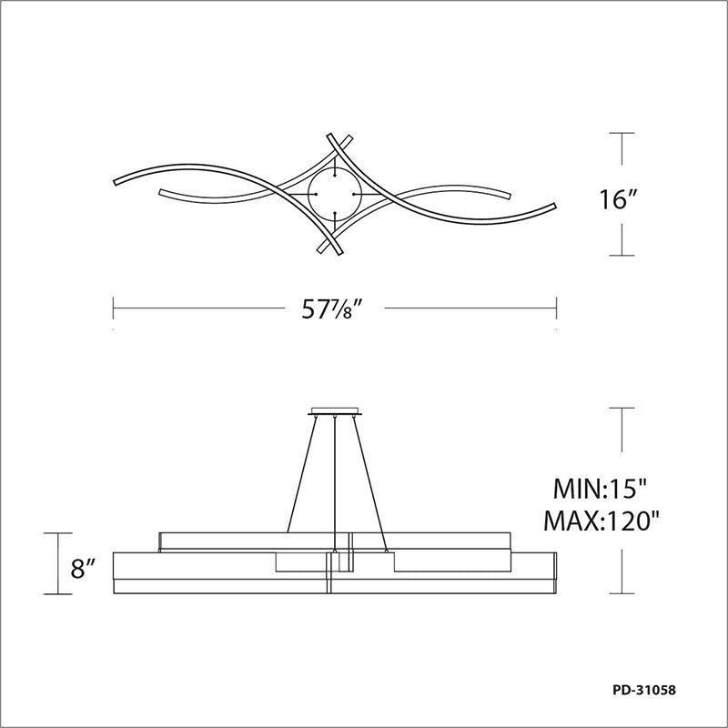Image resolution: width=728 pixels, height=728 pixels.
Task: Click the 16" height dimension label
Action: point(617,200)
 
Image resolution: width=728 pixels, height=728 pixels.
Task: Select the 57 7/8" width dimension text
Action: point(331,308)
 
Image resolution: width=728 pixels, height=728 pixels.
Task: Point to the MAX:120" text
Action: point(602,521)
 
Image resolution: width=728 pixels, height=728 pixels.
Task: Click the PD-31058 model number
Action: point(644,690)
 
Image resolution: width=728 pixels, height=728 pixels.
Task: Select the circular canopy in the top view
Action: point(334,194)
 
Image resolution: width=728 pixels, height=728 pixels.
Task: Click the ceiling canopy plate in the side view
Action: point(335,411)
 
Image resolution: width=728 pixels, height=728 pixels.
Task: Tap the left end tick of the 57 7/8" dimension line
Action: point(113,308)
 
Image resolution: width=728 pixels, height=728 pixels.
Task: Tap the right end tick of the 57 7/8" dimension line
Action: point(556,308)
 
